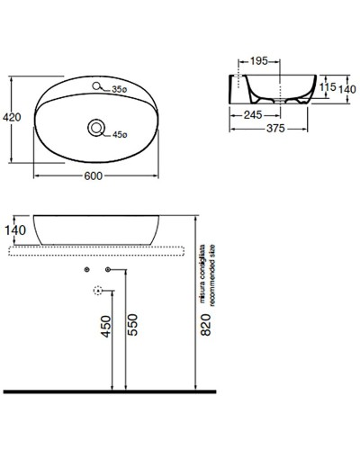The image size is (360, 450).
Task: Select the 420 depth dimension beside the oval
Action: [13, 118]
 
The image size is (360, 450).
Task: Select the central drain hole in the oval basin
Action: [94, 130]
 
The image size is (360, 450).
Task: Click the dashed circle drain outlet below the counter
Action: [97, 290]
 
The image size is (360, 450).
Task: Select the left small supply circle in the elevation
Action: [85, 270]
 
